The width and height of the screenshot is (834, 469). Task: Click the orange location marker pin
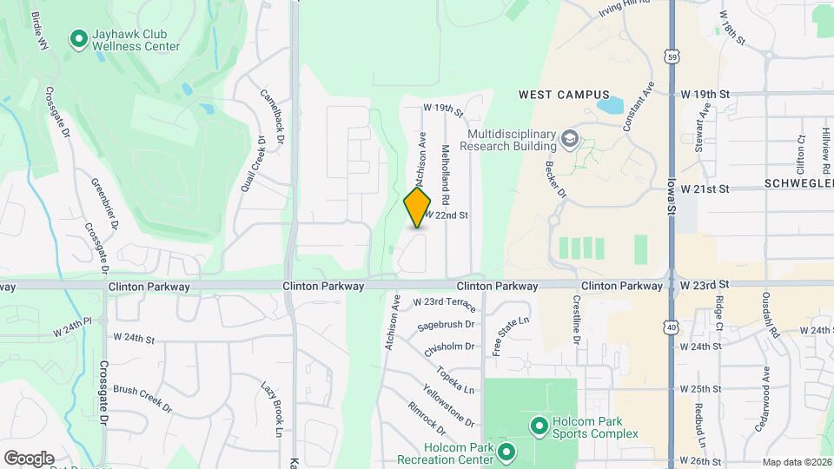point(418,208)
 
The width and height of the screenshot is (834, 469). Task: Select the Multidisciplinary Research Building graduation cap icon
point(570,137)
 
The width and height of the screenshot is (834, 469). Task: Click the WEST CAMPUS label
point(564,95)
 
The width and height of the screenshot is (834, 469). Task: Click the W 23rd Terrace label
point(444,302)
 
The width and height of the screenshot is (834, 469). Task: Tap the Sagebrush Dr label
point(446,325)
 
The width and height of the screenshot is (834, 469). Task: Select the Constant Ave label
point(638,107)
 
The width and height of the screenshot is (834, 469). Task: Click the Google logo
point(29,459)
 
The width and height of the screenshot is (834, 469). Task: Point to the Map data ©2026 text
point(797,462)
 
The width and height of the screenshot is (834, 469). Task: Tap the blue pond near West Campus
point(610,106)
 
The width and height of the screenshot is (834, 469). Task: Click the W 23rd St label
point(705,285)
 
